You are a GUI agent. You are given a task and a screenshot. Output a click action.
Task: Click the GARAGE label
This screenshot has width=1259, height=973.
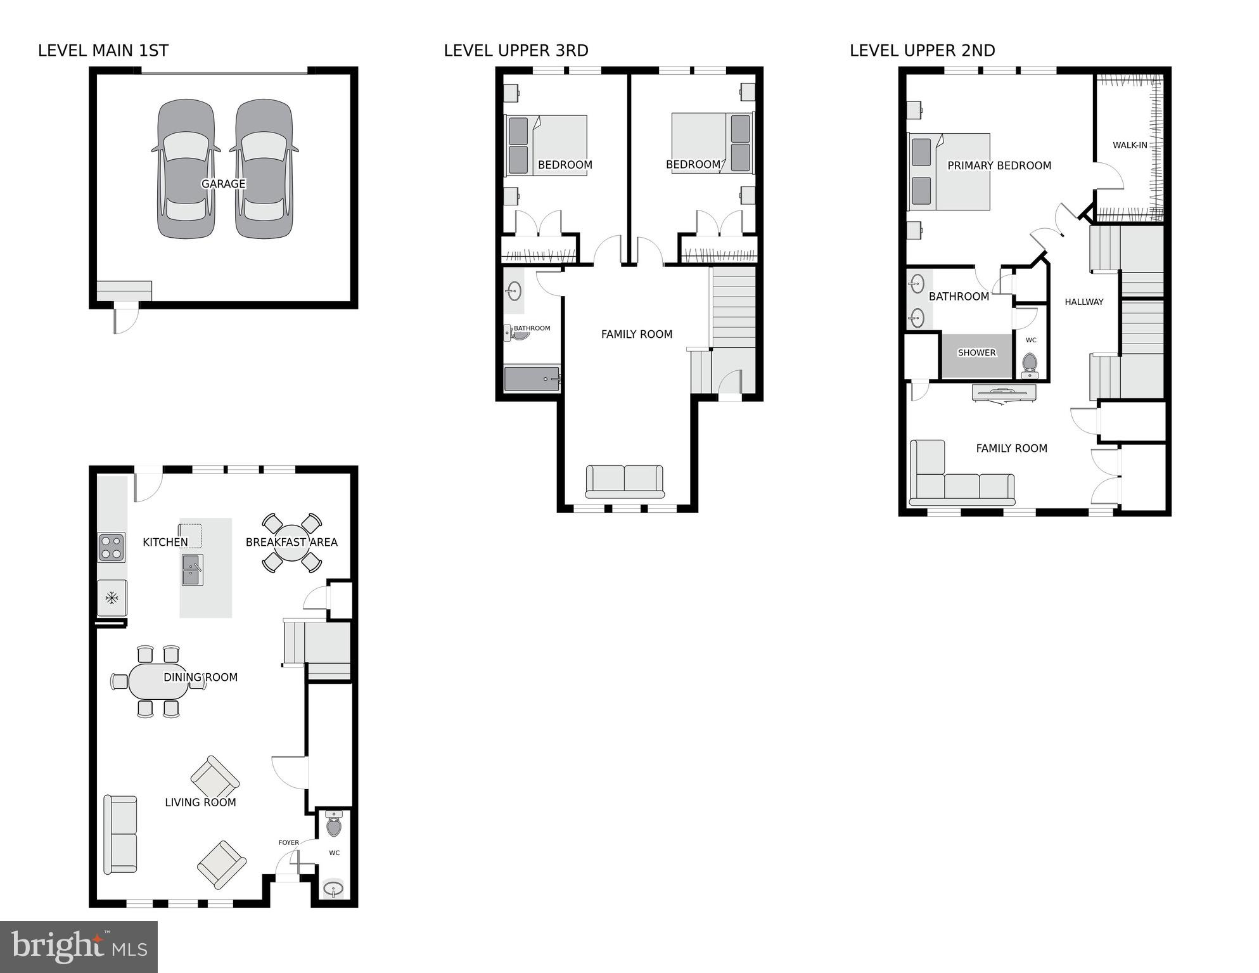[223, 184]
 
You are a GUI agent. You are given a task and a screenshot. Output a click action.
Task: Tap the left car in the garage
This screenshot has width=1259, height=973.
[186, 169]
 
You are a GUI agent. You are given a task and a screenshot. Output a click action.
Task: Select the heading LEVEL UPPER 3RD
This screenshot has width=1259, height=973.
[516, 51]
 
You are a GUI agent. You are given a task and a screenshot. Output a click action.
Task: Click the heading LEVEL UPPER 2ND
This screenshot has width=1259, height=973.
[922, 51]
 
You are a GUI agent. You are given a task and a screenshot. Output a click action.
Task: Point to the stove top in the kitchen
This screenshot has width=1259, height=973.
[111, 548]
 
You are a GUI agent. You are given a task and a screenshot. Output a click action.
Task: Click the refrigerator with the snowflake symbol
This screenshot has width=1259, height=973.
[112, 598]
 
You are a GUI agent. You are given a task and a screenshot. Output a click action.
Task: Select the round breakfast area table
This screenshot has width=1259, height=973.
[292, 543]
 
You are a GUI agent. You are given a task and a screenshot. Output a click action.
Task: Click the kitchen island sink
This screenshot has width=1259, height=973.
[192, 569]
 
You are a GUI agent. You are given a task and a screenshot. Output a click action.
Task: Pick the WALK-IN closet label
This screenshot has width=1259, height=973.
[1130, 145]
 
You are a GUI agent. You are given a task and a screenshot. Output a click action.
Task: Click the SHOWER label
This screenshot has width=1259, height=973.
[976, 353]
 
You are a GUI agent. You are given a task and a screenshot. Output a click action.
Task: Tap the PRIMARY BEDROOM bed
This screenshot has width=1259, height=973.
[949, 172]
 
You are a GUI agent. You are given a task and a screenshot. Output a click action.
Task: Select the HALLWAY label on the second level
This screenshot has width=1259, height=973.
[1083, 302]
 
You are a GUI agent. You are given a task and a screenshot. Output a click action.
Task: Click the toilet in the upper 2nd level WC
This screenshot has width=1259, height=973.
[1030, 364]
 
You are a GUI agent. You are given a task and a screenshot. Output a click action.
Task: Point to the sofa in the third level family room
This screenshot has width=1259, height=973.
[624, 481]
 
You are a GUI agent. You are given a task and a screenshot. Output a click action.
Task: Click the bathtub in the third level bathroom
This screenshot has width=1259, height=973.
[532, 379]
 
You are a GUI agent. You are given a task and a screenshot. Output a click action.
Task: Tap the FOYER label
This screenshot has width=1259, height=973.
[288, 842]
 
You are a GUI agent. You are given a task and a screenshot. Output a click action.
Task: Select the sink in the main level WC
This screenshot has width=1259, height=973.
[333, 889]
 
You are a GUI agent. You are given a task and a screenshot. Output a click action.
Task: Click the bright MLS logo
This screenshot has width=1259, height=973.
[79, 946]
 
